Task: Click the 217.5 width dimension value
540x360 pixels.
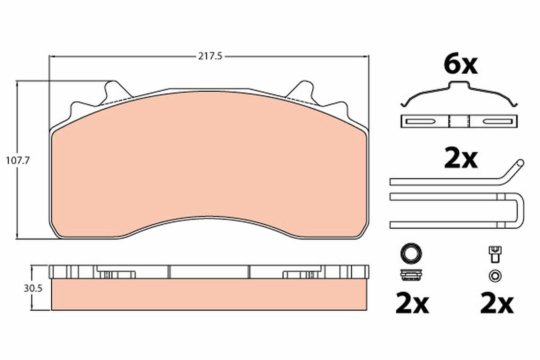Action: pyautogui.click(x=210, y=57)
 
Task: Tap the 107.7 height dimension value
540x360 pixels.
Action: pyautogui.click(x=18, y=161)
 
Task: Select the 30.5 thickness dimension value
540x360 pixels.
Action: pyautogui.click(x=33, y=288)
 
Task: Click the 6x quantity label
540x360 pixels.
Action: pyautogui.click(x=461, y=65)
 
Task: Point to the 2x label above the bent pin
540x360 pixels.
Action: pyautogui.click(x=461, y=159)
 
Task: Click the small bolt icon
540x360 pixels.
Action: pyautogui.click(x=495, y=255)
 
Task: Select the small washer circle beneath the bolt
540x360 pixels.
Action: pyautogui.click(x=495, y=275)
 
